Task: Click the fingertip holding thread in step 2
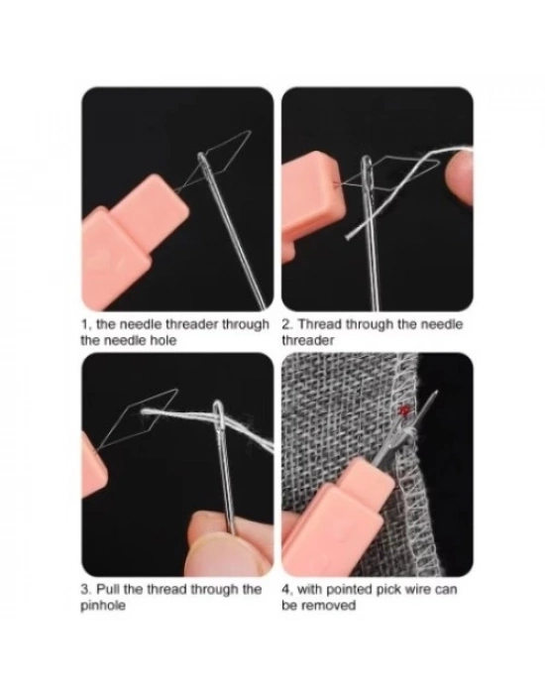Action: point(459,174)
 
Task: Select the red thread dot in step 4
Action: point(403,410)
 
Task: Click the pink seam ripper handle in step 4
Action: point(332,518)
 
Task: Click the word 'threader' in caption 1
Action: point(192,324)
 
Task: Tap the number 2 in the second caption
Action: point(286,324)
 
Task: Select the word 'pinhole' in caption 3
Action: point(103,606)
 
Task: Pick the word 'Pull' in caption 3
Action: point(108,590)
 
